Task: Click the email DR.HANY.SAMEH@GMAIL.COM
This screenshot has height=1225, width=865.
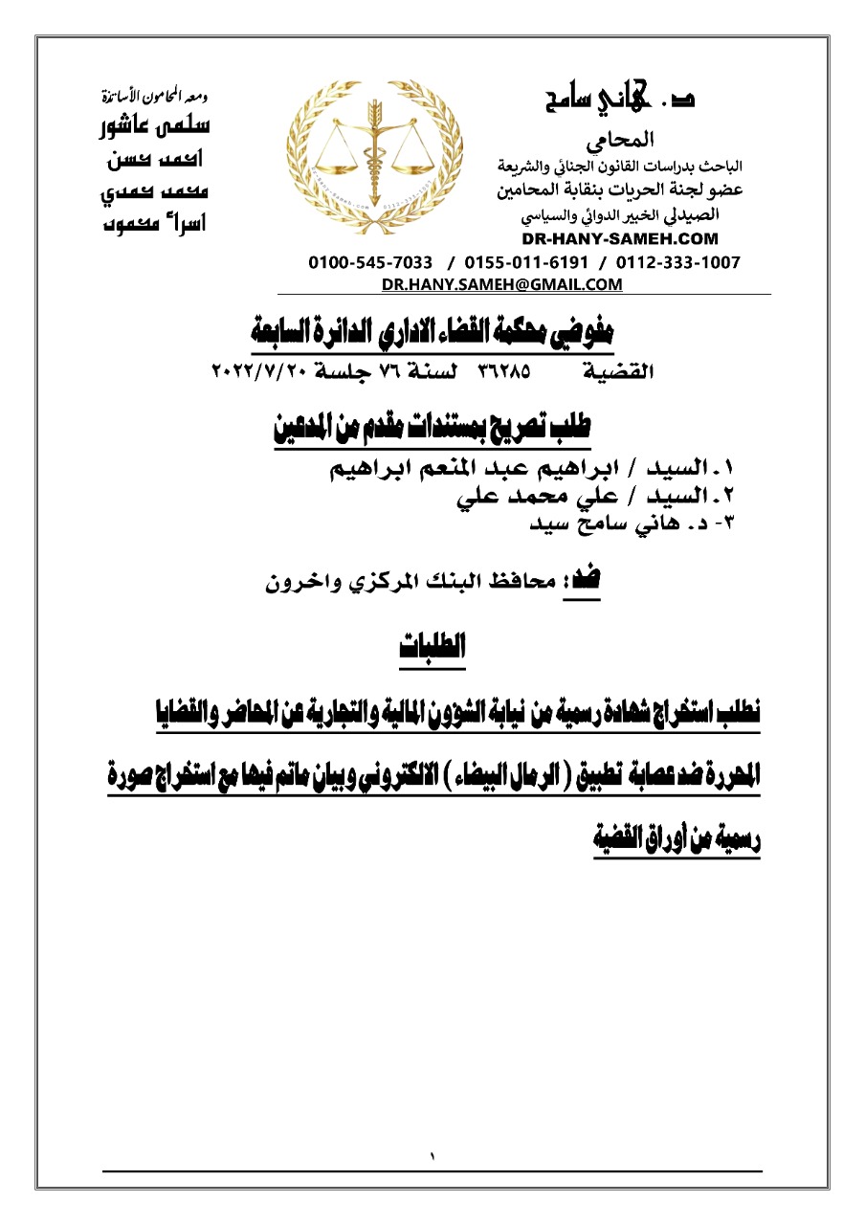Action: pyautogui.click(x=501, y=284)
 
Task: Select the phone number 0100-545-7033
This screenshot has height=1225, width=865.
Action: pyautogui.click(x=369, y=262)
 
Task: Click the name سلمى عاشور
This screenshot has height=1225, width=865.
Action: pyautogui.click(x=156, y=126)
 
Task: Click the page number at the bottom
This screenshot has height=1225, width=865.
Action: pyautogui.click(x=432, y=1157)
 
